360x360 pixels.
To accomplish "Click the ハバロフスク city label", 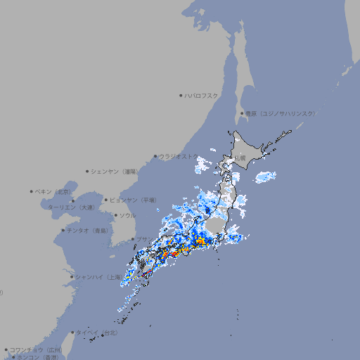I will point(201,95).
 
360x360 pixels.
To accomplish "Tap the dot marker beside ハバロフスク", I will point(181,95).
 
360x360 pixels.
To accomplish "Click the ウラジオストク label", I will point(179,156).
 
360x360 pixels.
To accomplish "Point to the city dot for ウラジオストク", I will point(155,157).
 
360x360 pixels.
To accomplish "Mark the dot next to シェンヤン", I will point(88,171).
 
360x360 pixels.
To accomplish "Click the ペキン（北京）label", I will point(55,191).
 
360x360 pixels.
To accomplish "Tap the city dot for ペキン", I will point(32,191).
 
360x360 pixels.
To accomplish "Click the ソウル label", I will point(127,215).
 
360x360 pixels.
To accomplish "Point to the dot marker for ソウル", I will point(115,215).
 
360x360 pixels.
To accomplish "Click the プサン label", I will point(143,239).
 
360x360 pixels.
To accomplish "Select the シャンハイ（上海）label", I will point(98,277).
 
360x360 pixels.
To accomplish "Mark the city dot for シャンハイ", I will point(72,277).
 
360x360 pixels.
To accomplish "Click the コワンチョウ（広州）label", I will point(35,349).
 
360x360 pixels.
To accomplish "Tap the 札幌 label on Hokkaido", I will point(240,157).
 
